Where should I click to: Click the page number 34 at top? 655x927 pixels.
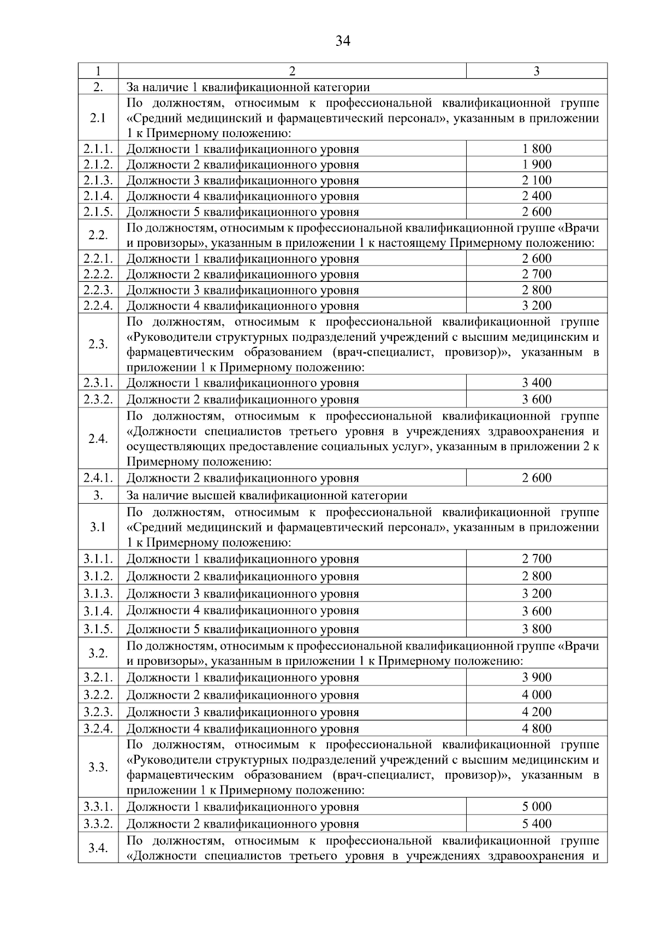click(343, 41)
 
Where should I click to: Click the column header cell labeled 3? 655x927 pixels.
click(537, 71)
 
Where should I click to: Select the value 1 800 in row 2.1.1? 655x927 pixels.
click(537, 149)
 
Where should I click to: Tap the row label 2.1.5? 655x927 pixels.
click(98, 212)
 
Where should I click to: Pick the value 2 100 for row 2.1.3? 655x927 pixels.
click(537, 180)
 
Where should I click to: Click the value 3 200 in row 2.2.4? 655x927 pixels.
click(537, 305)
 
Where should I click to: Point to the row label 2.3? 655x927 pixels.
click(98, 344)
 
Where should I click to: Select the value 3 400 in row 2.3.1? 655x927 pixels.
click(537, 382)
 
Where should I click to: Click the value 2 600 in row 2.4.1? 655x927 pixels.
click(537, 478)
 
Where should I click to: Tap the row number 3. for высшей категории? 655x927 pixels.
click(98, 495)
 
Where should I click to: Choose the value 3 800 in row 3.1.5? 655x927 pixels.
click(537, 629)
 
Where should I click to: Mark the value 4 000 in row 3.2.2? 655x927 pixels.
click(537, 695)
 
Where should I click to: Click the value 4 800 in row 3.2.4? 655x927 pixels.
click(537, 728)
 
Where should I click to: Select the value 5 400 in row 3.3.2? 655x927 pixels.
click(537, 824)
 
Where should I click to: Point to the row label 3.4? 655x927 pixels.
click(98, 848)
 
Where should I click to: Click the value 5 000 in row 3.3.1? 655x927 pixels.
click(537, 807)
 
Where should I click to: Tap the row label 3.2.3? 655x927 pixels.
click(98, 712)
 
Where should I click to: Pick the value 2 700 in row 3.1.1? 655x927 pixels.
click(537, 559)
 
